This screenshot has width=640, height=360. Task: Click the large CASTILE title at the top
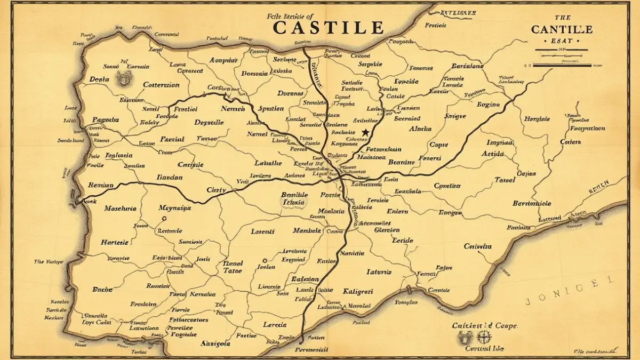click(329, 27)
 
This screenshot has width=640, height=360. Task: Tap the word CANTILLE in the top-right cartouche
click(561, 29)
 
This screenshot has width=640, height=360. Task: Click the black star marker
click(365, 132)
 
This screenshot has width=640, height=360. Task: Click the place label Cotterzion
click(162, 85)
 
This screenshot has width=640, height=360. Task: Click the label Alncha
click(420, 129)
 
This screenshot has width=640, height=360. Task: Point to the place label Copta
click(439, 144)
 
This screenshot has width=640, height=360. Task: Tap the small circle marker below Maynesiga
click(164, 218)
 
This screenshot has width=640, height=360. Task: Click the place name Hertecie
click(114, 242)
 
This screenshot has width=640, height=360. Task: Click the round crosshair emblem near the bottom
click(483, 337)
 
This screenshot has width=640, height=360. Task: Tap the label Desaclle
click(209, 122)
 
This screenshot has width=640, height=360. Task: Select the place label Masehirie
click(120, 208)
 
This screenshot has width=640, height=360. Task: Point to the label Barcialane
click(467, 66)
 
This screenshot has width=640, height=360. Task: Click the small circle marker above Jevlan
click(265, 261)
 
